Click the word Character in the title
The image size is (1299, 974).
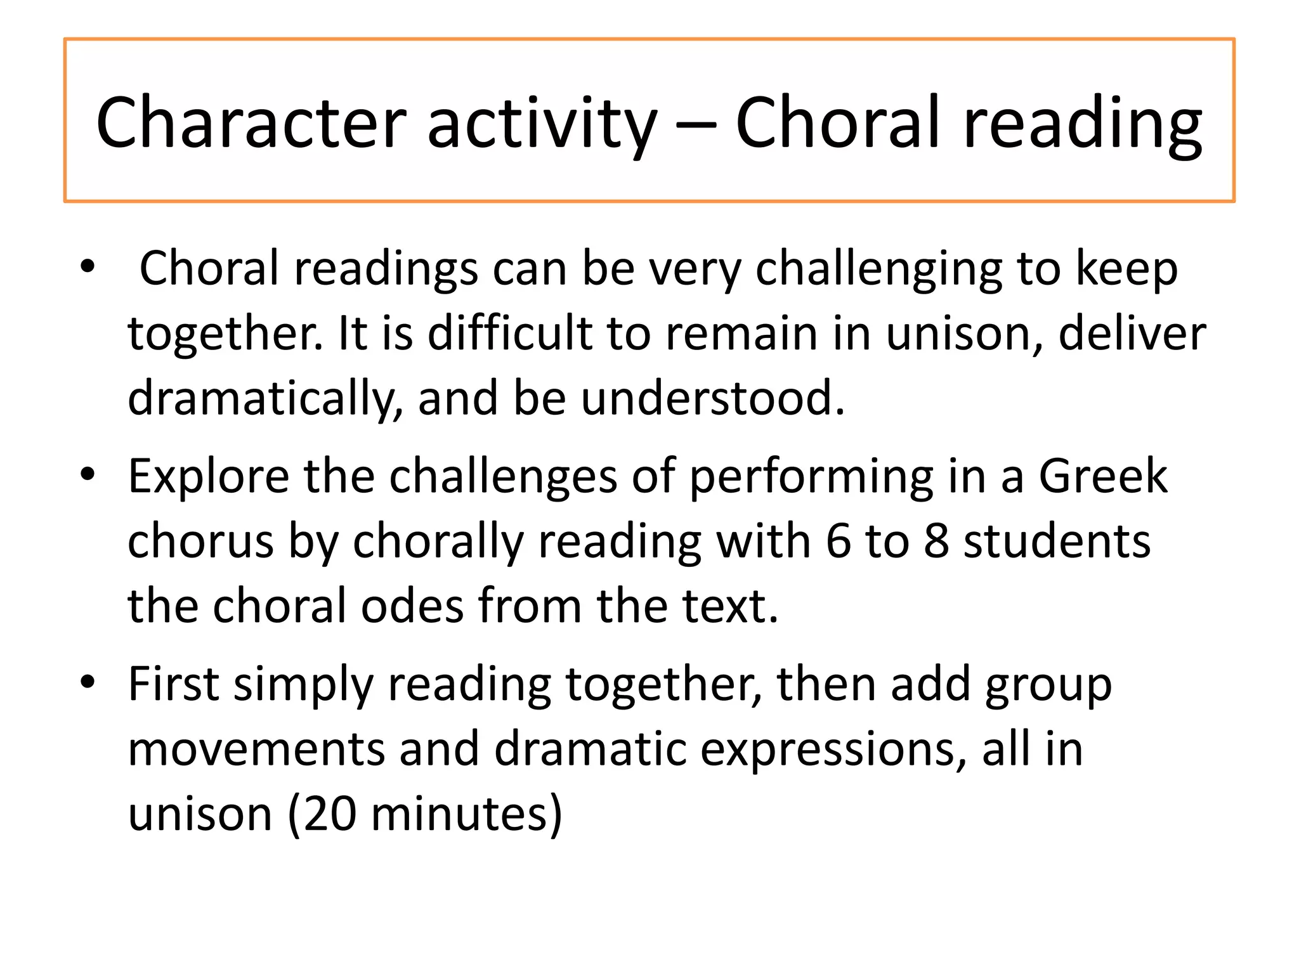tap(251, 122)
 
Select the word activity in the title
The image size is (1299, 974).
tap(542, 123)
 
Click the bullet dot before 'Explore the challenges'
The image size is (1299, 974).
tap(88, 474)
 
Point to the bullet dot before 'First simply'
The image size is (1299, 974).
tap(88, 682)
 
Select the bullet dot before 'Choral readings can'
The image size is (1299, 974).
tap(88, 266)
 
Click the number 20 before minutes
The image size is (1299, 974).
tap(330, 814)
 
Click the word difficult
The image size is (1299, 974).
tap(509, 333)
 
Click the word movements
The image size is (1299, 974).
tap(256, 749)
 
